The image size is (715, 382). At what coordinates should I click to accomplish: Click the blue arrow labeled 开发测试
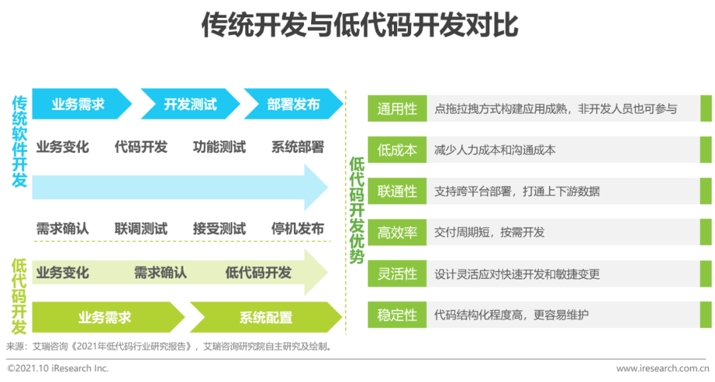190,104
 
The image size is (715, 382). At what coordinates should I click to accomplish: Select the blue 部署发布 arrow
294,104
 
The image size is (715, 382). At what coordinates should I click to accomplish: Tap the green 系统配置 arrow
266,317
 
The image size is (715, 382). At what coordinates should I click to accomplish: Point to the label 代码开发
141,147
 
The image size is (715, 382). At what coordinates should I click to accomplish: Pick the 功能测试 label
219,147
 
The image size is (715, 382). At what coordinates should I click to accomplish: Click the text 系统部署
298,147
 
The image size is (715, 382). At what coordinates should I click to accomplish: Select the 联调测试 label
141,228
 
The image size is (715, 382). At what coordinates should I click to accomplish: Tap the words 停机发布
298,228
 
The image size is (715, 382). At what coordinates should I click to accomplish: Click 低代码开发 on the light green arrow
258,273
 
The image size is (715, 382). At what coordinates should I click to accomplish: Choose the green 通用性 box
397,109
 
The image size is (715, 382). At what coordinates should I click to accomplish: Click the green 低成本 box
397,150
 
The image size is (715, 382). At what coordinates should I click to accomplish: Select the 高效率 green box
397,232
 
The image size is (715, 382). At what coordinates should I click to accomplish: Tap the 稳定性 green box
397,314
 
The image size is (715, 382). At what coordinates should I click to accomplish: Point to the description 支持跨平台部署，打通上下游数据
516,191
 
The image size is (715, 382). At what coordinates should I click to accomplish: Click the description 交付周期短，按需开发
489,232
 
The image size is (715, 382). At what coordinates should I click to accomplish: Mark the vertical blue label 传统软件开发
20,141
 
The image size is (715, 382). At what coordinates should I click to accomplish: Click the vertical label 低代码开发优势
357,210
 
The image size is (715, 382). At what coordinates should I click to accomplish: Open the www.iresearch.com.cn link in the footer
663,368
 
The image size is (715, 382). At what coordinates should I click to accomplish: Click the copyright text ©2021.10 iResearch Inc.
58,368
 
